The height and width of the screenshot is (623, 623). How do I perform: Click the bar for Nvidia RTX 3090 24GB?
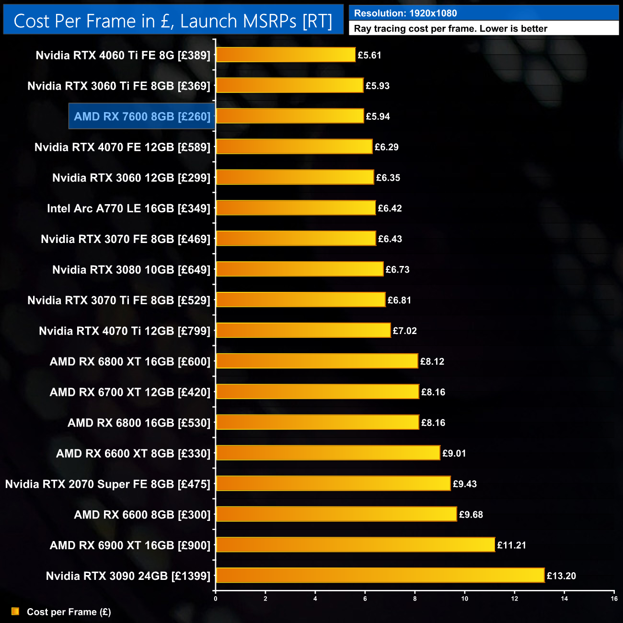click(380, 575)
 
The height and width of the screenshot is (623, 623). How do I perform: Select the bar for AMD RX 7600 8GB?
click(290, 116)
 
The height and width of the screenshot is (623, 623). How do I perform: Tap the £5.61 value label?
click(369, 55)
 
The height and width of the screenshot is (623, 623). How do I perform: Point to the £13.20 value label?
click(561, 576)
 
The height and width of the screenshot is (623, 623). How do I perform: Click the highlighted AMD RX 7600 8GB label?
click(142, 116)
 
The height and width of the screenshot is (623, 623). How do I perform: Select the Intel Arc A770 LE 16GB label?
click(128, 208)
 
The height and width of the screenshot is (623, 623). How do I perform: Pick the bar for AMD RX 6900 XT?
click(355, 544)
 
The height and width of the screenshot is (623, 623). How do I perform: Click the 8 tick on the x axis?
click(415, 599)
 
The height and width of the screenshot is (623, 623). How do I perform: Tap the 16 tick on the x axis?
click(614, 599)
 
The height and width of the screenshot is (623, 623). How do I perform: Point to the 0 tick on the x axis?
click(216, 599)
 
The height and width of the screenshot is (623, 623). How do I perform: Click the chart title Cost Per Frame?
click(173, 21)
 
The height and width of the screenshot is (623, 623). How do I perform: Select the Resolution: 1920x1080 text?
click(405, 13)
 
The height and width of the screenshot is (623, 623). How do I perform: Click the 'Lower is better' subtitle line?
click(450, 29)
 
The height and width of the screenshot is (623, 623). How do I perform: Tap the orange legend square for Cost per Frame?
click(15, 611)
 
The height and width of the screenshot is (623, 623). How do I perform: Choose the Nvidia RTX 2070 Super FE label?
click(108, 484)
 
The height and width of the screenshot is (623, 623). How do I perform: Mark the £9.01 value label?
click(454, 453)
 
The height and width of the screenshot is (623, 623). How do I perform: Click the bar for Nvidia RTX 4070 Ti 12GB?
click(303, 330)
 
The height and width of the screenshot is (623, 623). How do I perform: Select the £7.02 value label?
click(404, 331)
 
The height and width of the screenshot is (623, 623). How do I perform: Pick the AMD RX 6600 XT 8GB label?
click(133, 453)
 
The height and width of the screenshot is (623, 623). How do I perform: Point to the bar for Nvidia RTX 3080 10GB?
click(300, 269)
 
